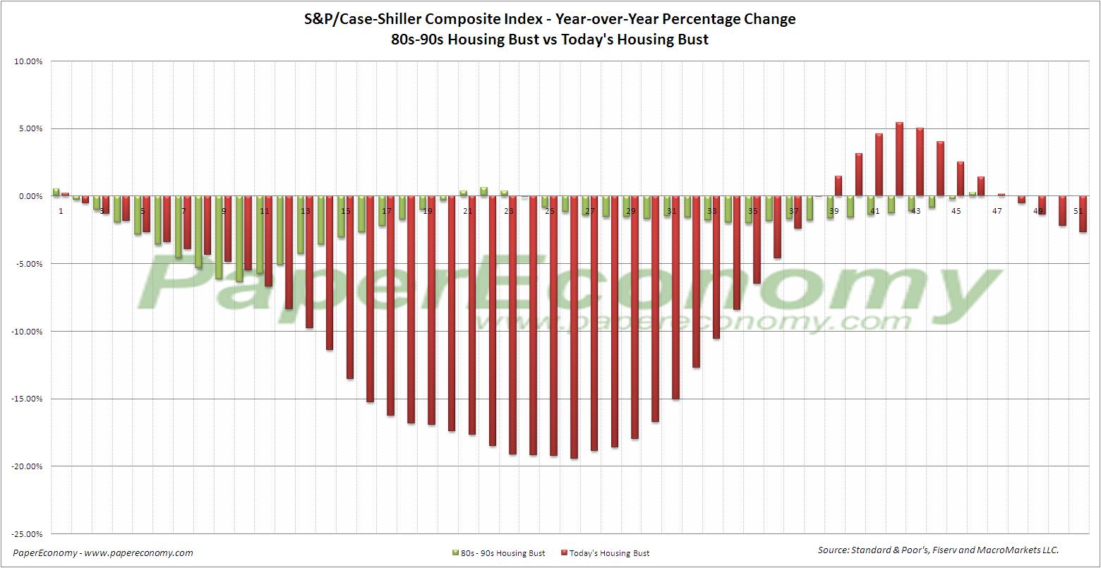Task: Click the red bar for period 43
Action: tap(920, 162)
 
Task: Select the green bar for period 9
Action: tap(219, 237)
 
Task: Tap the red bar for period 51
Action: tap(1083, 214)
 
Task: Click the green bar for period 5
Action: tap(138, 214)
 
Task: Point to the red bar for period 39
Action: tap(838, 186)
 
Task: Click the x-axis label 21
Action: tap(468, 211)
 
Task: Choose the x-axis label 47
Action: tap(997, 211)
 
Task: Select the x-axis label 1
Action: tap(61, 211)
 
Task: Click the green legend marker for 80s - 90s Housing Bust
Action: tap(455, 553)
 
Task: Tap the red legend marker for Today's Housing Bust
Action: tap(564, 553)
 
